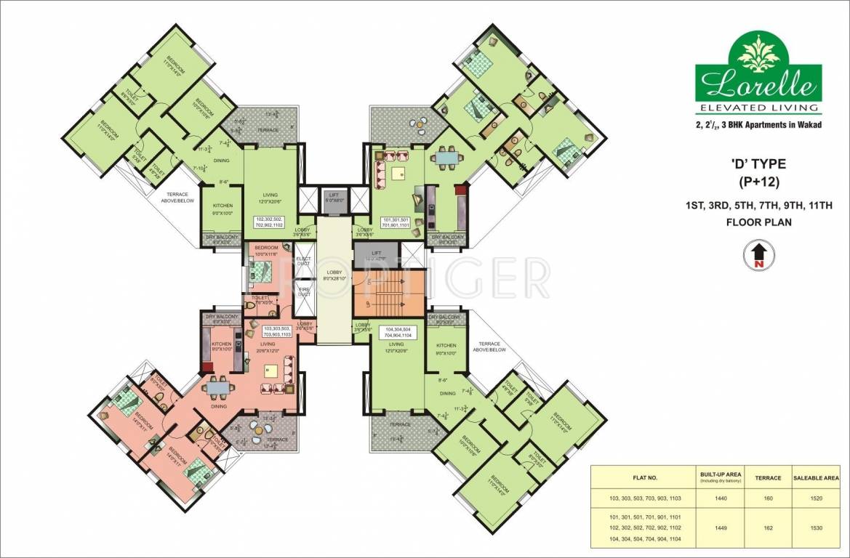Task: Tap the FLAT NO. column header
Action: click(643, 478)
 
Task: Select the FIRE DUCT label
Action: click(305, 291)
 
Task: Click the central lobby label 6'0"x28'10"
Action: click(334, 275)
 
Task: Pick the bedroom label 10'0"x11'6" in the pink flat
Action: click(267, 251)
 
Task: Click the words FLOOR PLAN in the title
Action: click(758, 223)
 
